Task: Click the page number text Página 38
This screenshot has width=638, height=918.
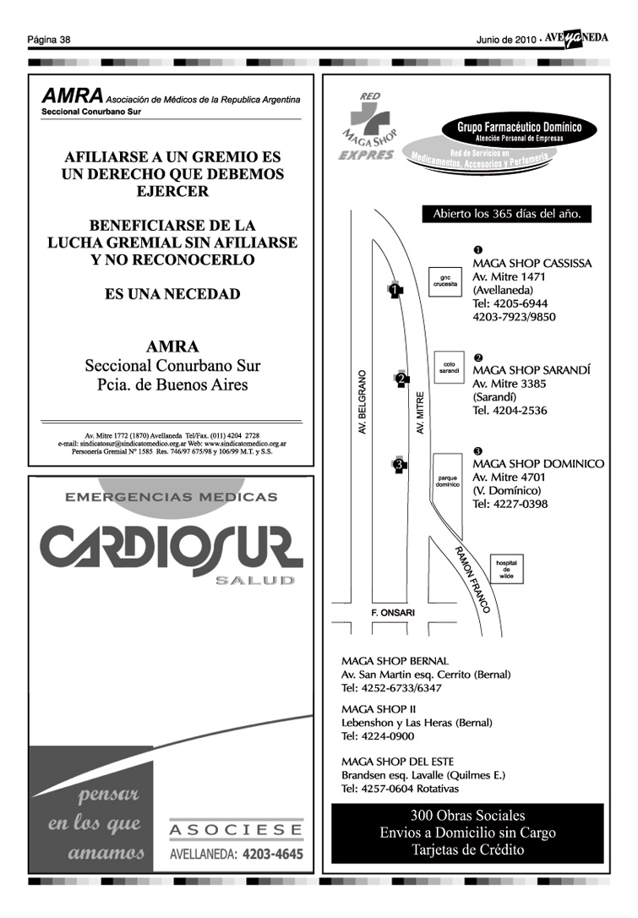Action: coord(48,39)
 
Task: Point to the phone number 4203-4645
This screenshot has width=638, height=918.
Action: coord(272,855)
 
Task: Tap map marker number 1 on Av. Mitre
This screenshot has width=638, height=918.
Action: coord(395,290)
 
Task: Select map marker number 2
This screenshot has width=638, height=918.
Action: coord(401,380)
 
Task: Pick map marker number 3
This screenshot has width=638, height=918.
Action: coord(398,463)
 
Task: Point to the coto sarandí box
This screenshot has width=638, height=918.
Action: coord(449,368)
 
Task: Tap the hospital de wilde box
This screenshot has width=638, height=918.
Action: coord(505,568)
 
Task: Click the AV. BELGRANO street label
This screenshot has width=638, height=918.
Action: coord(363,402)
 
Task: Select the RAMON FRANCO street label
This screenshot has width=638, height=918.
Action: coord(478,579)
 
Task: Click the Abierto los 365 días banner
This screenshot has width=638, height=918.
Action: coord(506,214)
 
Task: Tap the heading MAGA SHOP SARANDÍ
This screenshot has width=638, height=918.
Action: coord(531,370)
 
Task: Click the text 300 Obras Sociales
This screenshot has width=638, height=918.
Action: coord(467,816)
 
